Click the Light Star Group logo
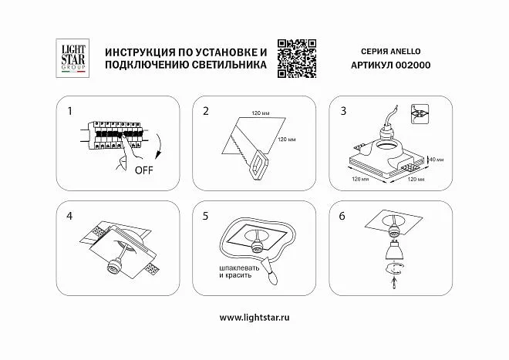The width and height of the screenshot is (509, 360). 72,58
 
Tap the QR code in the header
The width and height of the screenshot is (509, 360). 297,59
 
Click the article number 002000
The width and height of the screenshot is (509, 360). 413,65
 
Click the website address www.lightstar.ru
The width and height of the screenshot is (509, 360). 254,317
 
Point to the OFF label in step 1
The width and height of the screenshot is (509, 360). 143,170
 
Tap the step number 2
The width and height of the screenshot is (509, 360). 206,111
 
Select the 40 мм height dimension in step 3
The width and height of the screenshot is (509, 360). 437,160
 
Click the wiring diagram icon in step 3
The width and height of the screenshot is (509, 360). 420,114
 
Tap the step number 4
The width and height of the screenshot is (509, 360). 69,216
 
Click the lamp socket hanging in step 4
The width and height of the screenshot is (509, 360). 114,265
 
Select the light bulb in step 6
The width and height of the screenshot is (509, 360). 393,249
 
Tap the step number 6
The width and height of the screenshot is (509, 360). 342,216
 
